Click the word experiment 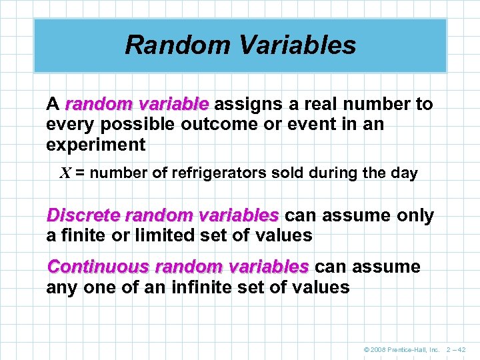(95, 145)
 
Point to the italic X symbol (65, 173)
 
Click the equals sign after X (79, 174)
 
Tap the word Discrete (83, 216)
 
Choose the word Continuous (97, 267)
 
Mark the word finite (81, 235)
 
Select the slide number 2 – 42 (455, 350)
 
